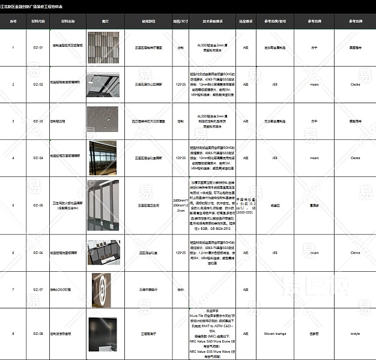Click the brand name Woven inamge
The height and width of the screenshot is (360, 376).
click(274, 333)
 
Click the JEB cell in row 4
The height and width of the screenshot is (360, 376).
click(274, 158)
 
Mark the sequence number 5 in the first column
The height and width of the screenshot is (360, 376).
click(13, 205)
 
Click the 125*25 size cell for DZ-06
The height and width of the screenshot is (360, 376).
click(180, 253)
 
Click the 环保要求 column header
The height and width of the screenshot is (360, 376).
click(245, 20)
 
